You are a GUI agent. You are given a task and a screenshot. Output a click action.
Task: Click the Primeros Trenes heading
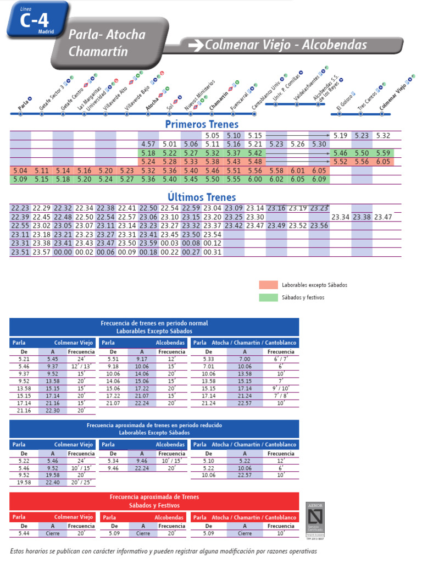tap(202, 124)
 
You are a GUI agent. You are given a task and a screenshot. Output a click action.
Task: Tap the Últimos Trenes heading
tap(202, 197)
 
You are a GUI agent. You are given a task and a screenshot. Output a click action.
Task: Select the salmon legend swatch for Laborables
tap(268, 285)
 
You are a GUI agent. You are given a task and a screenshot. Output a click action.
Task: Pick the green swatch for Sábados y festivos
tap(268, 297)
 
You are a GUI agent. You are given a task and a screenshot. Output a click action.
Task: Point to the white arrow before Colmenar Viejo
tap(195, 46)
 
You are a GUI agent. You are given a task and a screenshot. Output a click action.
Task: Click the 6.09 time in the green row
tap(319, 179)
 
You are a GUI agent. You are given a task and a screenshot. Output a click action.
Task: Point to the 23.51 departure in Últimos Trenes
tap(20, 252)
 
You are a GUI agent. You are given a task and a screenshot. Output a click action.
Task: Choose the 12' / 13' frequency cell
tap(81, 366)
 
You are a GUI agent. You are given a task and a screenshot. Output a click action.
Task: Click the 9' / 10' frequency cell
tap(281, 388)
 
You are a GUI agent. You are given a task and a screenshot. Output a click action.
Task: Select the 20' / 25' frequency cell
tap(81, 482)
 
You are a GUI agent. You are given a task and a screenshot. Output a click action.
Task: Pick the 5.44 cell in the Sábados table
tap(24, 533)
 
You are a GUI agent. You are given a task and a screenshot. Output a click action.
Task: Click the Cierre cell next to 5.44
tap(53, 533)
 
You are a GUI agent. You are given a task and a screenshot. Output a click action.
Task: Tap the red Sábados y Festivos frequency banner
tap(154, 500)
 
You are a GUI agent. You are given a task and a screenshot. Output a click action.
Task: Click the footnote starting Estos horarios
tap(164, 551)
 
